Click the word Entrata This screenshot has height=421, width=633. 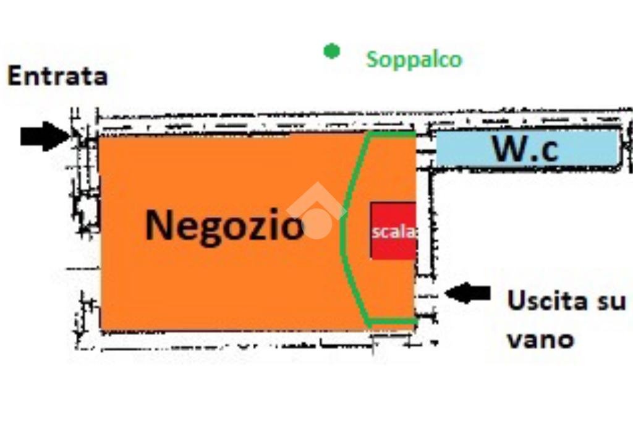[57, 76]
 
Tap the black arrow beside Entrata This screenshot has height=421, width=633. [45, 136]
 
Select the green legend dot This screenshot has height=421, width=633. [332, 51]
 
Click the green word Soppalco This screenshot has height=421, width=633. [414, 60]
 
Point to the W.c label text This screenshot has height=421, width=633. [525, 148]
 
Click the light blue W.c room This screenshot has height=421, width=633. [527, 148]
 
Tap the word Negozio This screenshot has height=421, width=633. [224, 227]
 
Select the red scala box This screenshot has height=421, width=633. [393, 231]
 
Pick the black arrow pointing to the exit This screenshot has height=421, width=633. [467, 293]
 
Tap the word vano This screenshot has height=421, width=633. [540, 340]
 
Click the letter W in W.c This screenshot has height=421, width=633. [509, 148]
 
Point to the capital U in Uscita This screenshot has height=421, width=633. [516, 300]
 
